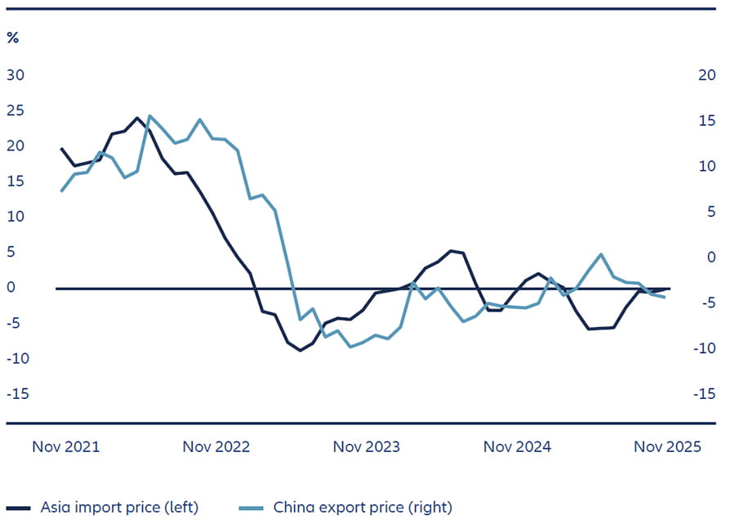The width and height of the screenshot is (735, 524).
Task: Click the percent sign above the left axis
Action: click(x=13, y=38)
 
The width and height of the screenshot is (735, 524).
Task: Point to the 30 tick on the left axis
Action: click(x=16, y=75)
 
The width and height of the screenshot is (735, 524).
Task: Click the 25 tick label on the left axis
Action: click(x=16, y=110)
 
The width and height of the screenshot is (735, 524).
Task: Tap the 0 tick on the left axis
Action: click(x=11, y=288)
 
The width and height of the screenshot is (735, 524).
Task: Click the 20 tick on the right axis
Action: click(x=707, y=75)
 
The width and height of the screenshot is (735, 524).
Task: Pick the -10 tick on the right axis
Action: click(x=705, y=348)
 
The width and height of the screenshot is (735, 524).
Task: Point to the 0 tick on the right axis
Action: click(x=711, y=258)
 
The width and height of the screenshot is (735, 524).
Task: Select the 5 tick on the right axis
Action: click(x=711, y=212)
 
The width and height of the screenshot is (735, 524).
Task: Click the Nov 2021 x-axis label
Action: click(x=66, y=447)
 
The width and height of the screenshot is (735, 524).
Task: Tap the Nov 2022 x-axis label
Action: click(x=216, y=447)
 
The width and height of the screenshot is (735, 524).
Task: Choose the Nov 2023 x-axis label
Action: click(x=367, y=447)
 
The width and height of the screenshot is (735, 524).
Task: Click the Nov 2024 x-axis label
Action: click(x=517, y=447)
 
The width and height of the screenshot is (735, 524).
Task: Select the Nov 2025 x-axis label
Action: click(x=667, y=447)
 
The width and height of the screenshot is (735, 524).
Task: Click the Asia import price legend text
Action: click(x=119, y=507)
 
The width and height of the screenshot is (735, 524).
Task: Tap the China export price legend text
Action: click(x=363, y=507)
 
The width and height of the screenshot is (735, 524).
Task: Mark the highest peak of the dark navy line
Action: click(x=137, y=118)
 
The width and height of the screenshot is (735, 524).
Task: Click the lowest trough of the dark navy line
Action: click(x=301, y=350)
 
